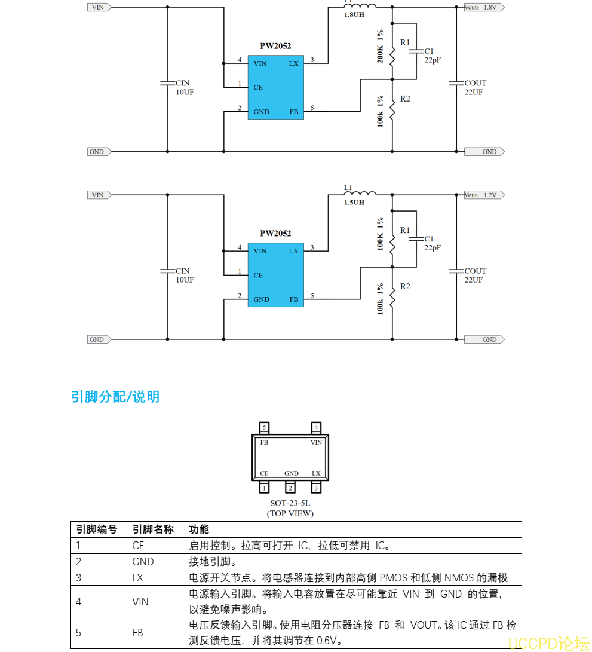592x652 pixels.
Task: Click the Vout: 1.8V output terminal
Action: coord(484,7)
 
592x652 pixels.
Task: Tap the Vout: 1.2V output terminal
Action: coord(484,195)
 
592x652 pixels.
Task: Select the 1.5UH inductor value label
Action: coord(354,203)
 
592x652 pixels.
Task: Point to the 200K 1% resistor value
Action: coord(381,47)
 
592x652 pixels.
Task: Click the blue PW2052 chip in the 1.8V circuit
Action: coord(276,87)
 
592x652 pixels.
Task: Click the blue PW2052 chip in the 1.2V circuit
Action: coord(276,275)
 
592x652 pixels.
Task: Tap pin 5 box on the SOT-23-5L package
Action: coord(265,427)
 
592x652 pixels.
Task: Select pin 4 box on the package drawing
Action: coord(317,427)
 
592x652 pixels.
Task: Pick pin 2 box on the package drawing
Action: coord(291,488)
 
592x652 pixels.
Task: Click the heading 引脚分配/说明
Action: coord(115,397)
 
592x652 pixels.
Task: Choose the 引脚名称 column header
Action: coord(153,529)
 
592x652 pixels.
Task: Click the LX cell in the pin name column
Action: coord(138,578)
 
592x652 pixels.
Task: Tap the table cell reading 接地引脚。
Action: coord(213,562)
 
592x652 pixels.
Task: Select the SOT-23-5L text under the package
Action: coord(290,504)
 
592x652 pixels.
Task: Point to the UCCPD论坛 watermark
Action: coord(548,643)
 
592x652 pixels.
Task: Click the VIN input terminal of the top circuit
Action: coord(97,7)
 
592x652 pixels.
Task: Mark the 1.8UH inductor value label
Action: coord(354,14)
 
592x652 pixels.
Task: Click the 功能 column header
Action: coord(199,529)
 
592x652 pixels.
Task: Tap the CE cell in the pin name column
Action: coord(139,546)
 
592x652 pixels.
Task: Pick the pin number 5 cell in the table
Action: coord(79,633)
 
